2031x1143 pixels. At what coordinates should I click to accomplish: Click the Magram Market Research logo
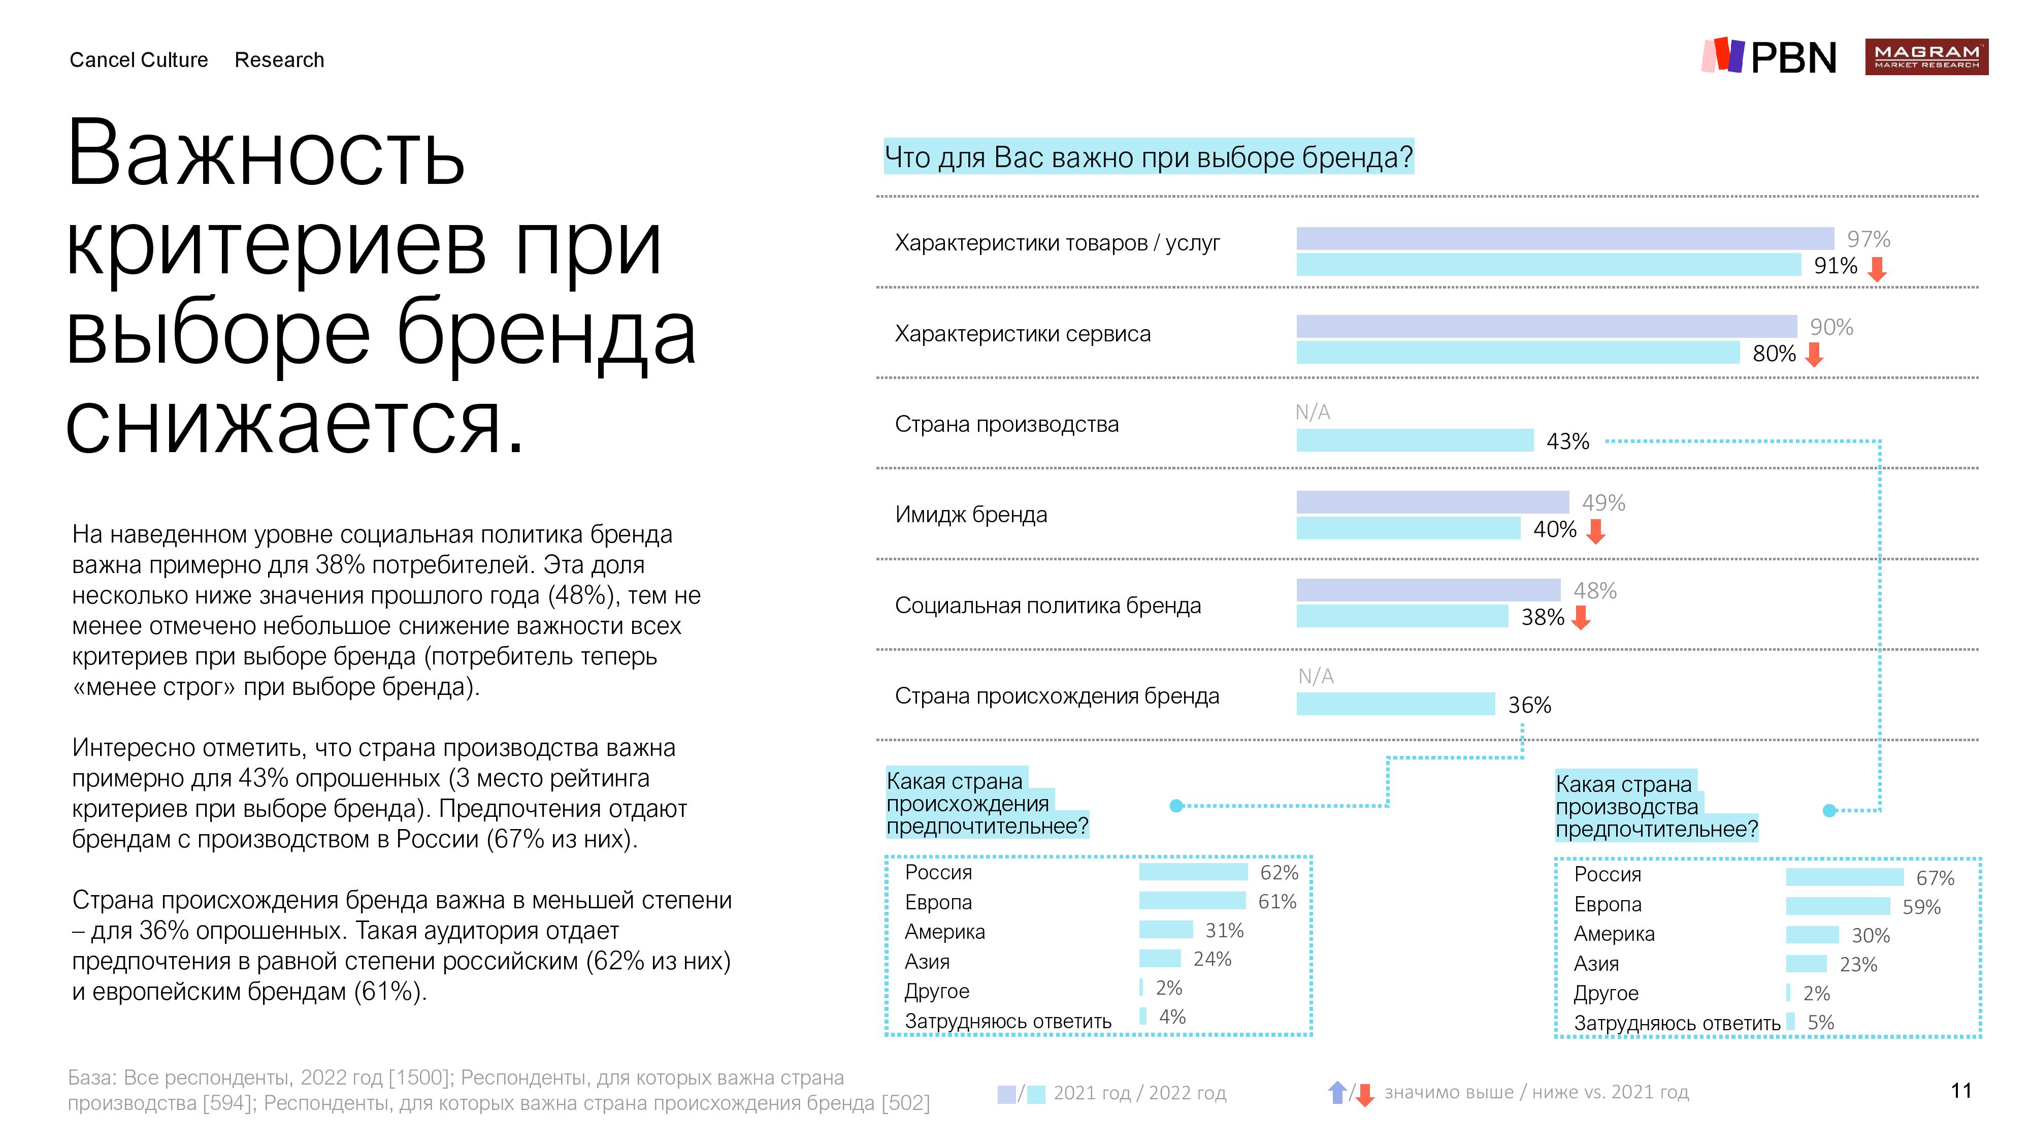(1925, 57)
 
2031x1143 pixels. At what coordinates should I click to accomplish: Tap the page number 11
(1961, 1091)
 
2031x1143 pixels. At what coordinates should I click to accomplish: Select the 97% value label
(1868, 239)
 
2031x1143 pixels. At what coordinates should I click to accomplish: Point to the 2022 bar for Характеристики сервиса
(1517, 353)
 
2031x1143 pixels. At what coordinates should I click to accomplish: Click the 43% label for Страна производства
(1567, 442)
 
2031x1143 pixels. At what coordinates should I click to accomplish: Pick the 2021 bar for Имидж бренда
(1432, 502)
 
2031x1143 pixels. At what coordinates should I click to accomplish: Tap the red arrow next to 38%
(1580, 618)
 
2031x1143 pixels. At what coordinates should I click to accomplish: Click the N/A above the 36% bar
(1315, 676)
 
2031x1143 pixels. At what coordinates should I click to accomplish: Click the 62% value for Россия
(1279, 872)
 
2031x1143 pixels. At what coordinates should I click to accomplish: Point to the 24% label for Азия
(1212, 959)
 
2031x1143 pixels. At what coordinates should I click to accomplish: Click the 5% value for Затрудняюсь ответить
(1820, 1022)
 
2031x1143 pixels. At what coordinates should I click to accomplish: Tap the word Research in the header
(279, 60)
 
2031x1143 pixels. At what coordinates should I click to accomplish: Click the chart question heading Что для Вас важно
(1148, 158)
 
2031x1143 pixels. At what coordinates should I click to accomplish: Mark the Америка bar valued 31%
(1165, 930)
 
